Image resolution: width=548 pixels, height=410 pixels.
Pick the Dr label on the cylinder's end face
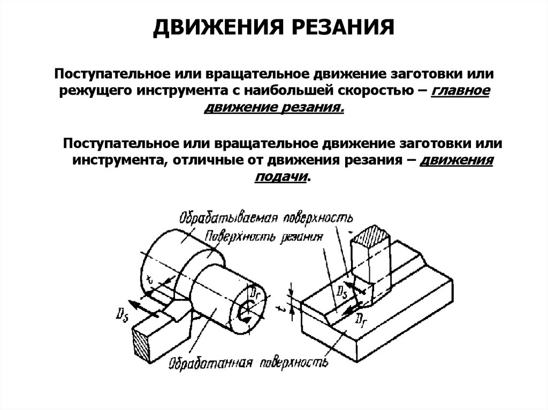[255, 293]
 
